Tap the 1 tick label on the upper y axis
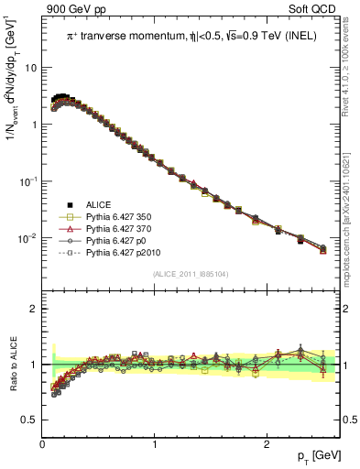(33, 125)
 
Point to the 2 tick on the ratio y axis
(33, 309)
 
